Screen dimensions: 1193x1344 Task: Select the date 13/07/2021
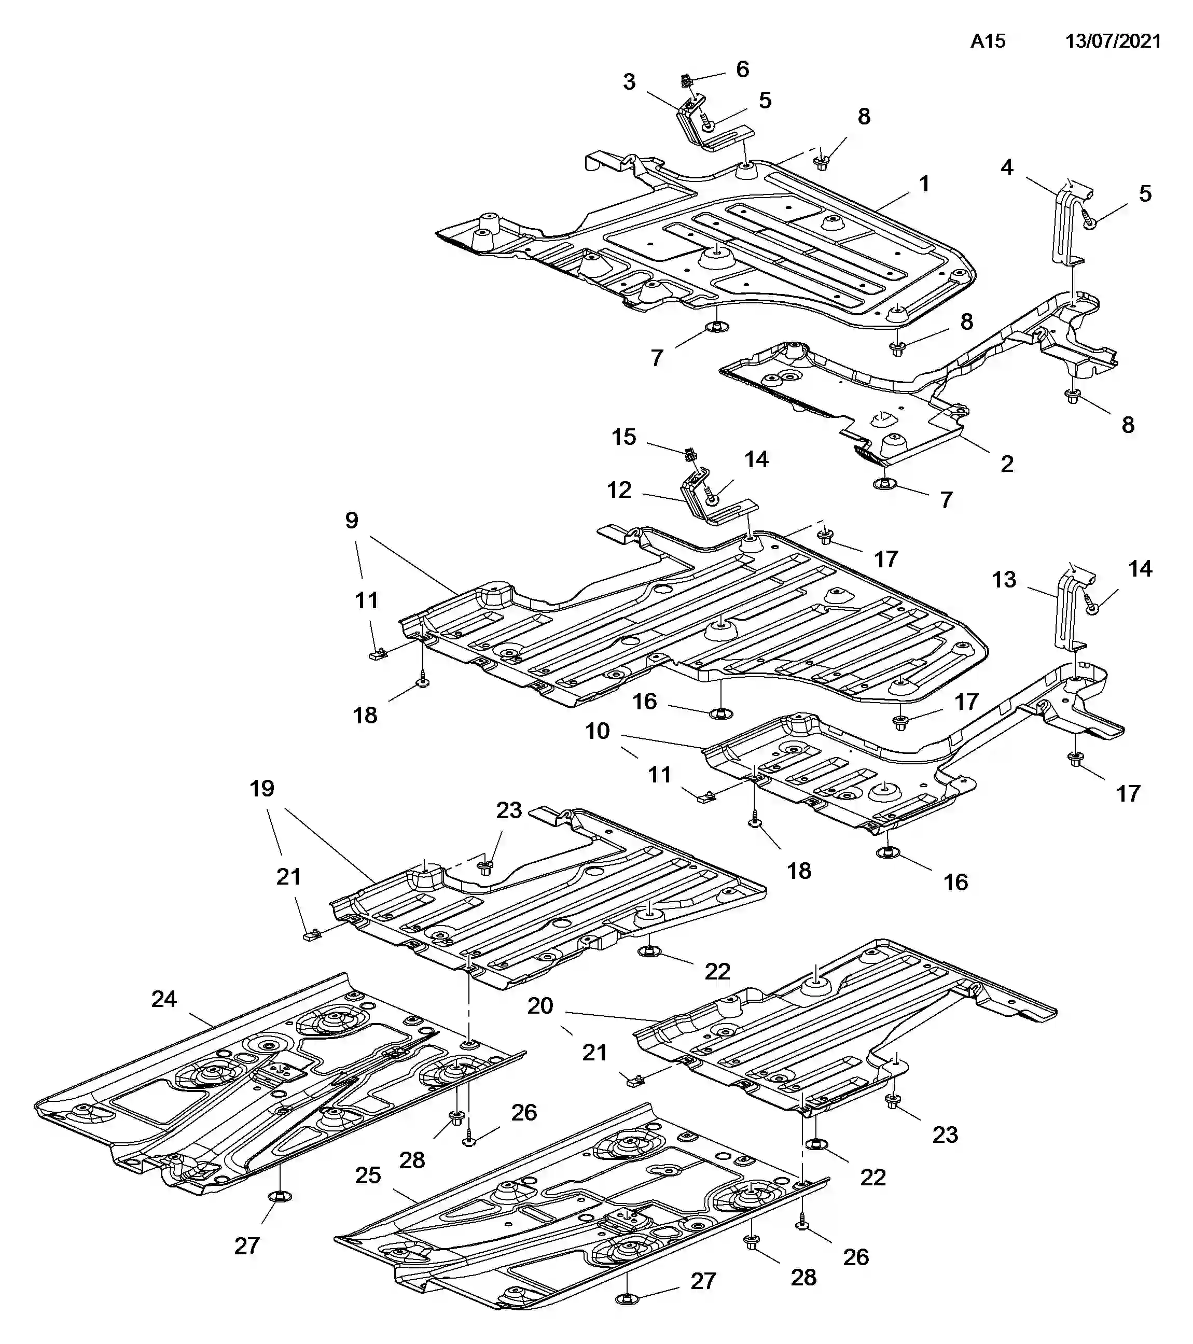pos(1114,41)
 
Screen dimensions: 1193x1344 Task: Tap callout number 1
pos(924,184)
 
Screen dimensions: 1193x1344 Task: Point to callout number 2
pos(1007,464)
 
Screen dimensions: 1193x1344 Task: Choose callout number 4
pos(1007,167)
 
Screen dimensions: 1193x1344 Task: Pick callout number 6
pos(742,69)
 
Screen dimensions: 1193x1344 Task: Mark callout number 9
pos(352,520)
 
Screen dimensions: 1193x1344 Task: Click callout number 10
pos(598,731)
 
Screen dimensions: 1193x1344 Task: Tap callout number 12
pos(619,490)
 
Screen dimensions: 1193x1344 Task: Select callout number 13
pos(1004,579)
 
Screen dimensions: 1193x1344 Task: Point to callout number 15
pos(624,437)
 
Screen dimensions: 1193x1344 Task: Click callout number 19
pos(262,788)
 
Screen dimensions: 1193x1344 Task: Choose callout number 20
pos(540,1005)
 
